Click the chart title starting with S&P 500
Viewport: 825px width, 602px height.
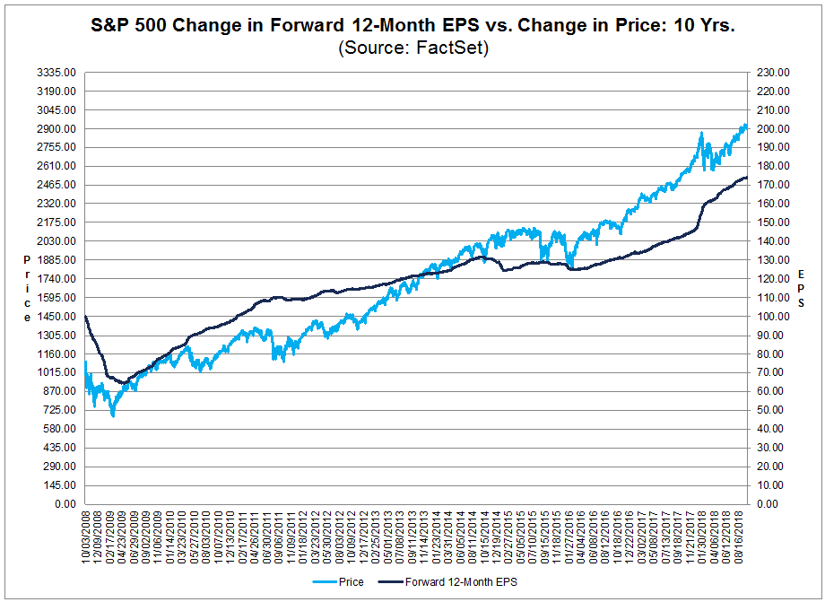point(412,28)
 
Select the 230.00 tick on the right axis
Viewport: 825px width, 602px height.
point(772,73)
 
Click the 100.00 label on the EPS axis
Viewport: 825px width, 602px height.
point(772,317)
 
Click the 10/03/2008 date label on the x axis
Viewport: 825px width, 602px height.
point(86,538)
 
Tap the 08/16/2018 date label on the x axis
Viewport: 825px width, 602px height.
point(741,538)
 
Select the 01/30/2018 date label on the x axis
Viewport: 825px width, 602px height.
point(701,538)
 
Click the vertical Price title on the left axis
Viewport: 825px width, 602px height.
point(28,289)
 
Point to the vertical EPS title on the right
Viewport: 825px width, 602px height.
point(801,289)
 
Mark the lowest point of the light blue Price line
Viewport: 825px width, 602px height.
point(113,416)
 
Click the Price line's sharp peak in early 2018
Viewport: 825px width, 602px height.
point(701,133)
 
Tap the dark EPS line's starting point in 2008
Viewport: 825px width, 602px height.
point(84,316)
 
